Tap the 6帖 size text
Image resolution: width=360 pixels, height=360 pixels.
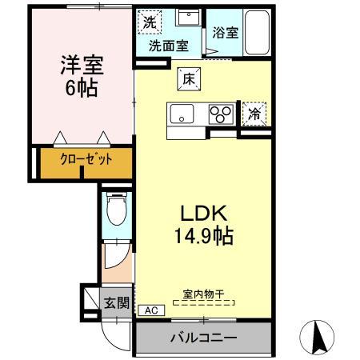[81, 87]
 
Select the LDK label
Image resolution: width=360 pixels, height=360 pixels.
[205, 214]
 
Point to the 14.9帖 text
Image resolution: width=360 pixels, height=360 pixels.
[205, 236]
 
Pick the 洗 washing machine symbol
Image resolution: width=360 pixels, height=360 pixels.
[150, 22]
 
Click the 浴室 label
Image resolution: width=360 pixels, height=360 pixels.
[225, 34]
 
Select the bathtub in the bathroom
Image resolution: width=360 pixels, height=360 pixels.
[257, 33]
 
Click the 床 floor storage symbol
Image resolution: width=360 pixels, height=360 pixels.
[189, 78]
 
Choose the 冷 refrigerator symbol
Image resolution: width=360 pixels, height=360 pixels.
[252, 114]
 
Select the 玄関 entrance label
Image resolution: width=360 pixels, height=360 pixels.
[117, 302]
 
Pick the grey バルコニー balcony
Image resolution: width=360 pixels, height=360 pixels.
[202, 338]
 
